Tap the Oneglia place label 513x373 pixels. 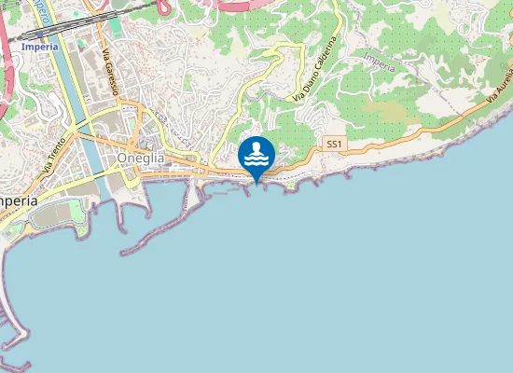tap(142, 159)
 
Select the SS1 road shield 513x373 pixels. tap(336, 145)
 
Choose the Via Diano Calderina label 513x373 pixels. tap(314, 69)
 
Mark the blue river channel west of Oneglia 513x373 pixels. tap(71, 93)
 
